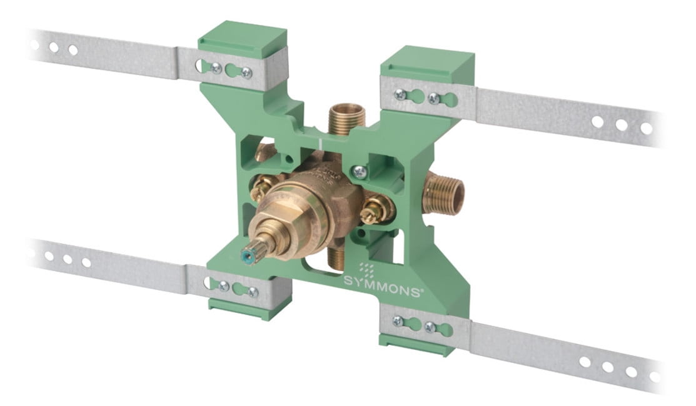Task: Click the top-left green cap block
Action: [x=243, y=38]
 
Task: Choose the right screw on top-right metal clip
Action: [x=432, y=98]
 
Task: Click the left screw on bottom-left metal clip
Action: [x=223, y=286]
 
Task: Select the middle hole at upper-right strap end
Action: [x=621, y=124]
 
